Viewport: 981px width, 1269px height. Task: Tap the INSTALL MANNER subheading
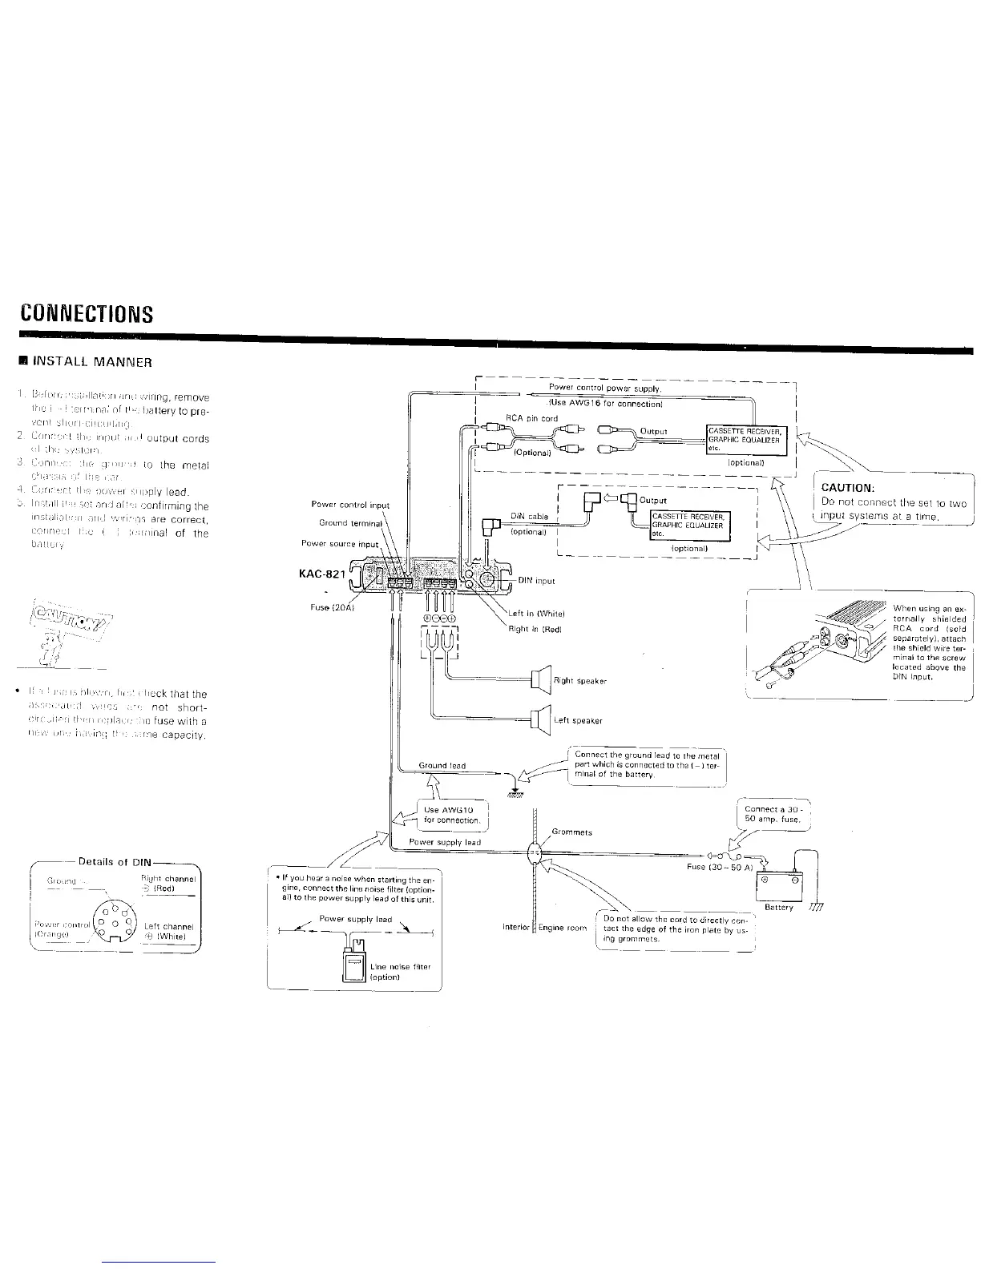coord(83,361)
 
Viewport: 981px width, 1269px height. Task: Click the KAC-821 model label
coord(321,573)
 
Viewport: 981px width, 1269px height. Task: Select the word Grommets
coord(572,832)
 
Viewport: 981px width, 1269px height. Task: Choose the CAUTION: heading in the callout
coord(847,488)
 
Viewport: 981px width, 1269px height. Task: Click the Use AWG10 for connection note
coord(452,815)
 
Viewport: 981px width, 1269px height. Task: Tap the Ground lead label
coord(442,766)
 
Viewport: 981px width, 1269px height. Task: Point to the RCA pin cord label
coord(531,418)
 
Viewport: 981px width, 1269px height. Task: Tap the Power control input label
coord(350,505)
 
